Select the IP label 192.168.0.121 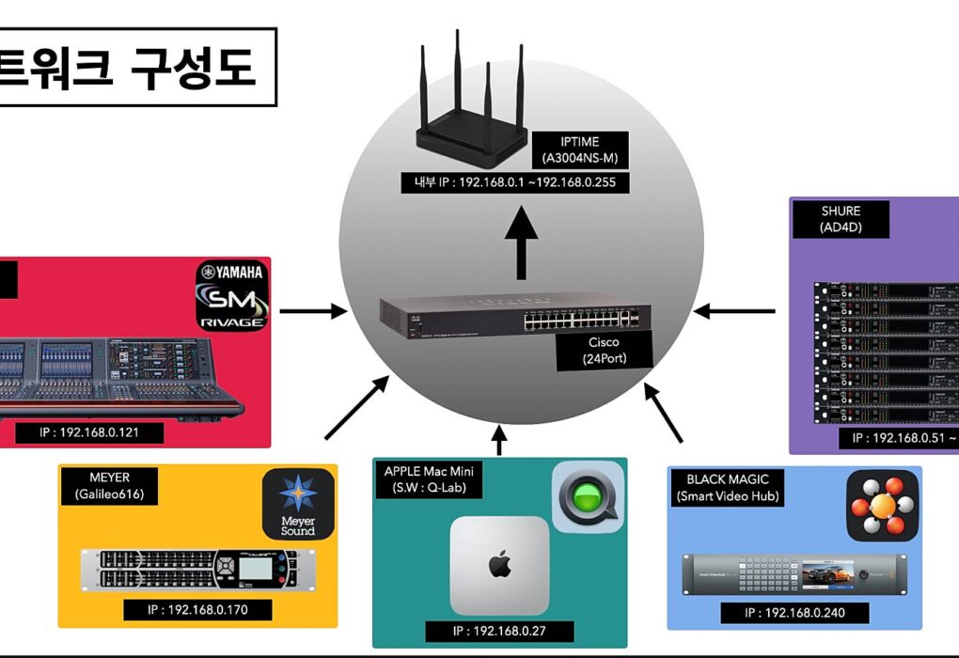(89, 433)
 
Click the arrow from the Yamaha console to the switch (312, 310)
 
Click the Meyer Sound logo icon (298, 504)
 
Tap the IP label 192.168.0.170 (197, 609)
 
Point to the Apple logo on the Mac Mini (498, 566)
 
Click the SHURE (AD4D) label (828, 219)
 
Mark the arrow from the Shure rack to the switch (735, 310)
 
